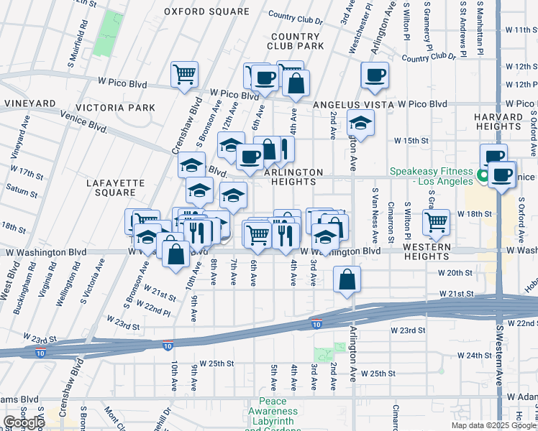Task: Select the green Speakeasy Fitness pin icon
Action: click(483, 173)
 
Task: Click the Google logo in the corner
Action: click(24, 422)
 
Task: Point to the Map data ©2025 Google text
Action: click(493, 425)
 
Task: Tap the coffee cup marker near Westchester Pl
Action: click(374, 75)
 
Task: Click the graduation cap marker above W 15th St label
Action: click(360, 122)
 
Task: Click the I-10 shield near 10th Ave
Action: click(167, 346)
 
